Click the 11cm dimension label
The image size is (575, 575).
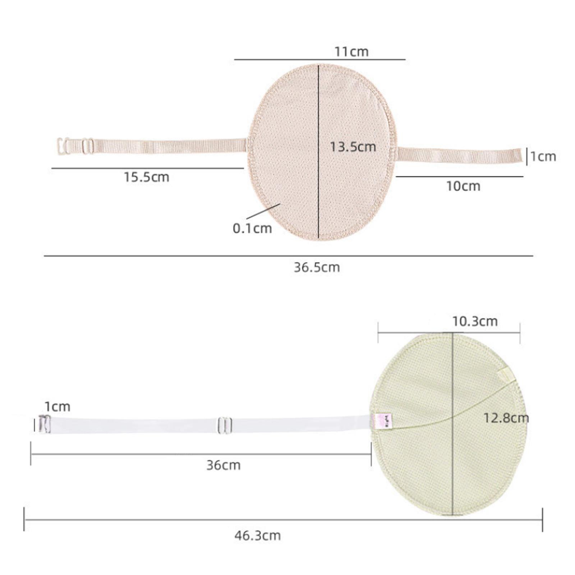(x=351, y=52)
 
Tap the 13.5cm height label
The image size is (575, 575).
(x=353, y=147)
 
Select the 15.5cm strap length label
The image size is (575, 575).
(x=147, y=177)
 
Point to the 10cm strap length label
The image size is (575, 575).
(x=463, y=186)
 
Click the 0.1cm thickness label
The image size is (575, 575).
(x=252, y=229)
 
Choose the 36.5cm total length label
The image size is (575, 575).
(x=317, y=267)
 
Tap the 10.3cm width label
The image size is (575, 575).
(x=475, y=321)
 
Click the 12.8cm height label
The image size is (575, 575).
(x=506, y=418)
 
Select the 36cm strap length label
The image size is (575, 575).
(x=223, y=465)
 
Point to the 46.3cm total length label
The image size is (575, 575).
(x=258, y=536)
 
